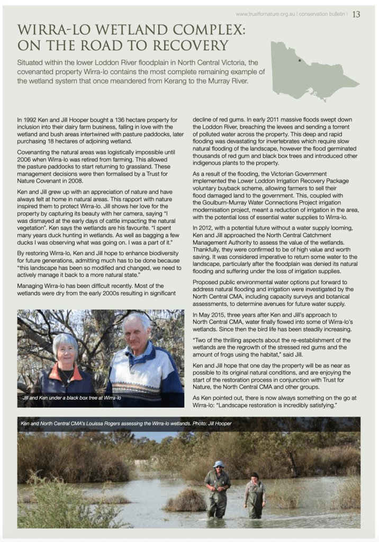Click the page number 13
(356, 14)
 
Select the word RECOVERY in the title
(188, 45)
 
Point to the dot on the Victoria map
(300, 60)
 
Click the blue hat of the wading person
(218, 464)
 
